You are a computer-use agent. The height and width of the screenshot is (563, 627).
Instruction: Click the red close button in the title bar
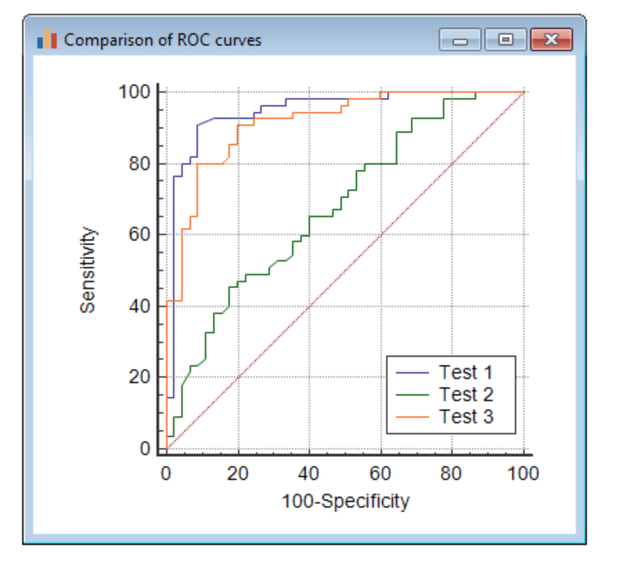coord(551,40)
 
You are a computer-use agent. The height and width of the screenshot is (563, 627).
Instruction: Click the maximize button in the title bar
coord(505,40)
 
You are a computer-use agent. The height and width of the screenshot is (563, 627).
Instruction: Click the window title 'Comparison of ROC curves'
coord(163,40)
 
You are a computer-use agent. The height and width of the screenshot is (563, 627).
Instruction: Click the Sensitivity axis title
coord(87,270)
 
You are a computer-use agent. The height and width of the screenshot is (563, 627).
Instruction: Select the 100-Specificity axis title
coord(345,501)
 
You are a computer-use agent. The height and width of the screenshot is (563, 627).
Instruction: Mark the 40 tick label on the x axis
coord(309,474)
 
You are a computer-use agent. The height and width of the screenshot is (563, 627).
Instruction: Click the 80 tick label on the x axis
coord(452,474)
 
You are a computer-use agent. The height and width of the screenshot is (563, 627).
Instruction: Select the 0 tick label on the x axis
coord(166,474)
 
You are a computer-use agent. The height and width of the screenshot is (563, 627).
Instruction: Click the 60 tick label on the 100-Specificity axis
coord(381,474)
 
